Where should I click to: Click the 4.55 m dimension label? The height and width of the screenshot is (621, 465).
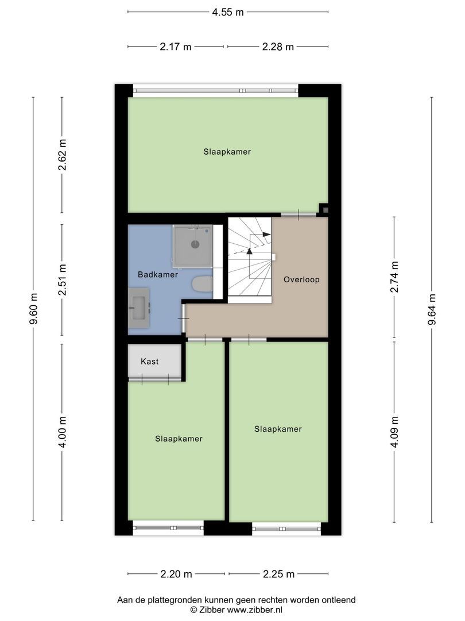click(228, 11)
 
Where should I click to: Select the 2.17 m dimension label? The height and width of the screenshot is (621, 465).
click(176, 47)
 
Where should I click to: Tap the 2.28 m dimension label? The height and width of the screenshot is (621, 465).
click(278, 47)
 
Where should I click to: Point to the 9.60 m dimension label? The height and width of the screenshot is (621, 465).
click(33, 309)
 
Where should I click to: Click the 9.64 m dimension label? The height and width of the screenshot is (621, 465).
click(432, 309)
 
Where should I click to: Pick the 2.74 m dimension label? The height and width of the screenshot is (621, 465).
click(394, 277)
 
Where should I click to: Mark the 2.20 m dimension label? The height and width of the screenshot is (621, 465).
click(176, 574)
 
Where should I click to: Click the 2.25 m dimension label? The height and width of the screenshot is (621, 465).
click(278, 574)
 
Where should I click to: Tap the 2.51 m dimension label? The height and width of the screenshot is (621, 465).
click(63, 279)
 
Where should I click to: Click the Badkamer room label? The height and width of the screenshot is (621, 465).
click(158, 275)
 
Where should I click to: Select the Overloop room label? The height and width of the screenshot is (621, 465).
click(301, 280)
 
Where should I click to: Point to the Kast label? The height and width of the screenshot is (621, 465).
click(150, 362)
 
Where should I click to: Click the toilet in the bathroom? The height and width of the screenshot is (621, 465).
click(203, 283)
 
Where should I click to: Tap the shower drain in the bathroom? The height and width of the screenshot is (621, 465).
click(195, 244)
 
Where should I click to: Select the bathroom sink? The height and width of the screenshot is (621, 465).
click(139, 308)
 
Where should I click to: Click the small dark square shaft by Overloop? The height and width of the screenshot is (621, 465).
click(325, 210)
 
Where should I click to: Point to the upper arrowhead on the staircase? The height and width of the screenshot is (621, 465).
click(266, 234)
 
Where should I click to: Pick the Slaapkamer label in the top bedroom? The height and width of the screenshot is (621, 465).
click(227, 152)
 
